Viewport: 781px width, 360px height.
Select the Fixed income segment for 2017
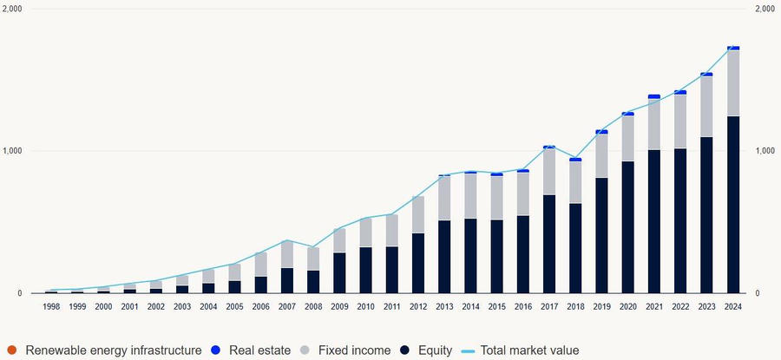(x=549, y=172)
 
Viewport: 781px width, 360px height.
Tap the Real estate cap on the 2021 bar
(x=654, y=96)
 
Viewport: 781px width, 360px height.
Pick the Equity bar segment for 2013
(x=444, y=257)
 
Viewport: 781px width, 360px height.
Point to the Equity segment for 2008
(x=313, y=282)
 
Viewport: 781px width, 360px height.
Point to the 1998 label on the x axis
(x=51, y=306)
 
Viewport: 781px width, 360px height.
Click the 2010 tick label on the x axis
(x=366, y=306)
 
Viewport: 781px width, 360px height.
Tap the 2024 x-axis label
(x=733, y=306)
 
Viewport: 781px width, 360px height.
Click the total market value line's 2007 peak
(x=287, y=240)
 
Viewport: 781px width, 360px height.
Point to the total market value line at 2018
(x=575, y=159)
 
